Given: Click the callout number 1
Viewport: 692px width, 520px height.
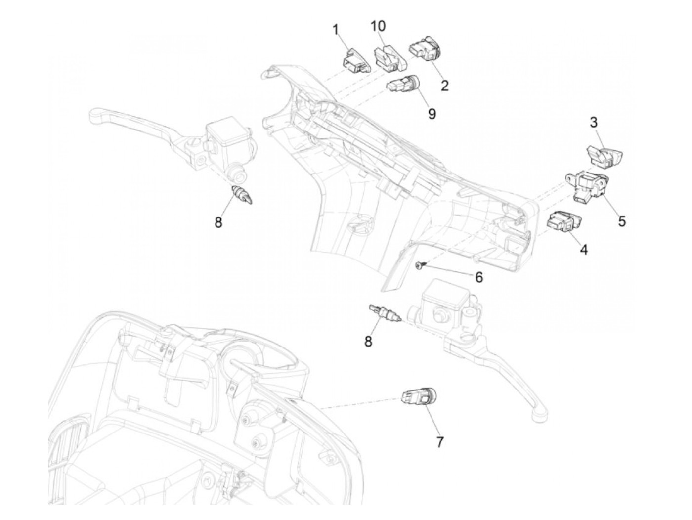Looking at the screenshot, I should click(x=336, y=31).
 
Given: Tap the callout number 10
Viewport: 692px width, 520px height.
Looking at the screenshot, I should click(x=379, y=26).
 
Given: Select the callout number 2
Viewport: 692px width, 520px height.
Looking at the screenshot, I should click(x=444, y=86).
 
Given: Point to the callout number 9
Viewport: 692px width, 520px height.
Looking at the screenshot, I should click(x=432, y=114).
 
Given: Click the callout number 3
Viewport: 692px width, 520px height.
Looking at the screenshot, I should click(x=594, y=122).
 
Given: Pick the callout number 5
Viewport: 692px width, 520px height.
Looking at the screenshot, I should click(x=622, y=221).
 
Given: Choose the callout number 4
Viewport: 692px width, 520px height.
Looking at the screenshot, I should click(x=584, y=250).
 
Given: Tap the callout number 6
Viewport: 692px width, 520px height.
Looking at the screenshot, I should click(x=478, y=278).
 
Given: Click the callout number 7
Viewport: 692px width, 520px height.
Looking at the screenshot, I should click(x=439, y=441).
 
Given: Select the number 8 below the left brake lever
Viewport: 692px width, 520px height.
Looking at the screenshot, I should click(x=218, y=223).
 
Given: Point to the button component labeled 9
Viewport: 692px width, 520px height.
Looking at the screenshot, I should click(x=403, y=84).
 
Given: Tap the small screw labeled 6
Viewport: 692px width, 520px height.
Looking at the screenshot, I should click(x=420, y=266).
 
